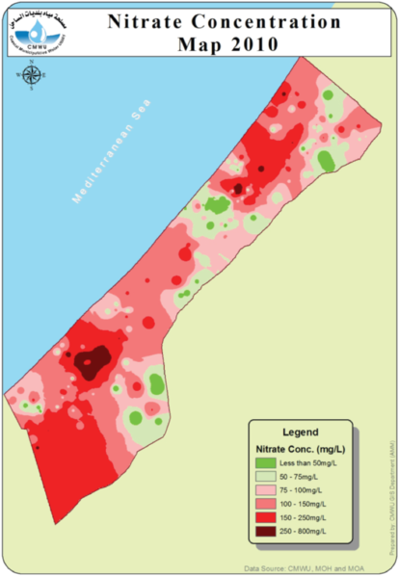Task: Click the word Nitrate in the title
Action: (145, 20)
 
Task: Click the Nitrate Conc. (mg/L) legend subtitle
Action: (301, 449)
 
